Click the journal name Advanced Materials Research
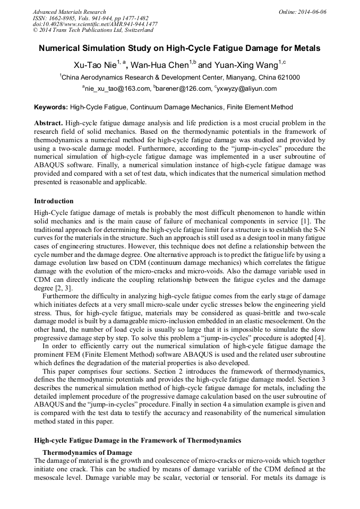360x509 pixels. click(69, 12)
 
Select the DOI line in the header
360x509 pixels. click(95, 24)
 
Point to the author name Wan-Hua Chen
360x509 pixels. click(165, 65)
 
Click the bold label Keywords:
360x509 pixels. click(51, 107)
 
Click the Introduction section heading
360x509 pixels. click(54, 201)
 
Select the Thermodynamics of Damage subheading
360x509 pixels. click(87, 452)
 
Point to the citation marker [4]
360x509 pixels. click(320, 339)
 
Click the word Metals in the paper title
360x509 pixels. click(307, 48)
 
